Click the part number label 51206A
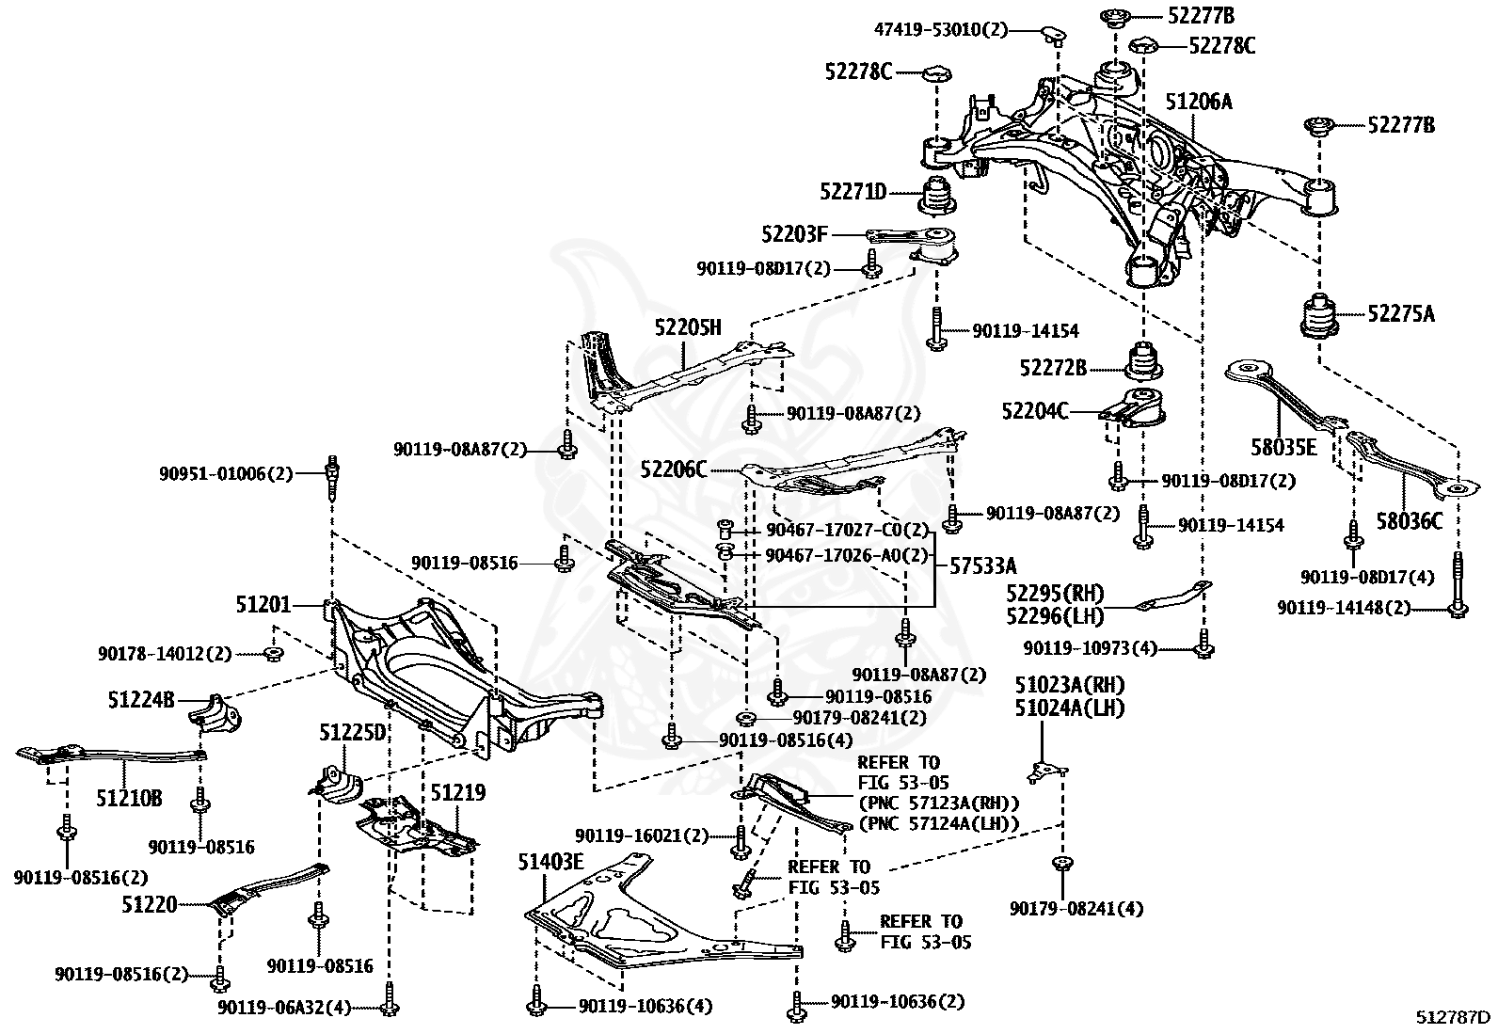point(1198,102)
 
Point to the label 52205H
point(688,327)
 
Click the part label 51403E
point(550,861)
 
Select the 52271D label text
point(853,192)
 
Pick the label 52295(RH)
point(1055,595)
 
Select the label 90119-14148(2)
point(1345,608)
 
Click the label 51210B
point(128,799)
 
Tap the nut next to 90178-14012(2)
point(272,653)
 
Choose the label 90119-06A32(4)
point(284,1008)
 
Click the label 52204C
point(1034,410)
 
